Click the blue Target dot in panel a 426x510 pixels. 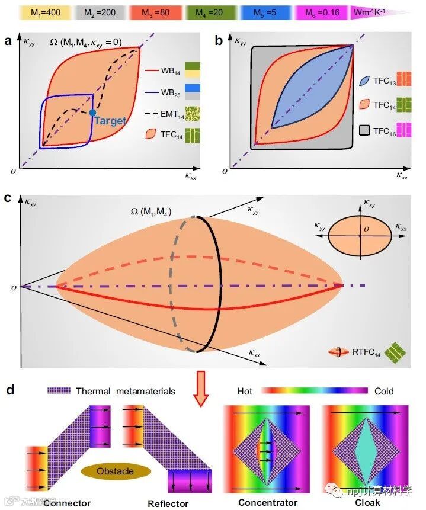click(92, 112)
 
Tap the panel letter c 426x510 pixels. click(8, 197)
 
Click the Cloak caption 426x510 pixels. click(367, 503)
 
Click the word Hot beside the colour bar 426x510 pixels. click(245, 392)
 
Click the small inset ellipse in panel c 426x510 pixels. click(359, 235)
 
